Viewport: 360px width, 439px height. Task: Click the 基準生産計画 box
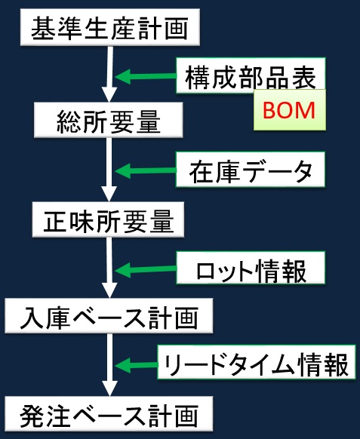coord(110,27)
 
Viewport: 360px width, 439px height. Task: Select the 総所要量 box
coord(109,120)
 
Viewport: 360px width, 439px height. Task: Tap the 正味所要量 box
coord(108,219)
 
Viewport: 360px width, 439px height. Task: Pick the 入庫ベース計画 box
coord(109,315)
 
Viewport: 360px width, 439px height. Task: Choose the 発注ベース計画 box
coord(109,414)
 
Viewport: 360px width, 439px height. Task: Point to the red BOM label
coord(289,110)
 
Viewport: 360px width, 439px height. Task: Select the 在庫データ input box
coord(251,170)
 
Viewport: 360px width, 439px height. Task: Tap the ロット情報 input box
coord(251,268)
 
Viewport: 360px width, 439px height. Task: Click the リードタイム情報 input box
coord(256,362)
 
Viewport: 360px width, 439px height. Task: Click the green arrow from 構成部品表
coord(146,76)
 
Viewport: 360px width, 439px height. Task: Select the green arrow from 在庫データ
coord(146,170)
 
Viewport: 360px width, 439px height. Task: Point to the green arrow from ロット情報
coord(146,269)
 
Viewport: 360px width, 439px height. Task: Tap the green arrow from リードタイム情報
coord(137,365)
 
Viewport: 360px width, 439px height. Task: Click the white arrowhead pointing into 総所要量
coord(109,94)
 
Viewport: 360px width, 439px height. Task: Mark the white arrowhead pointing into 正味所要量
coord(109,194)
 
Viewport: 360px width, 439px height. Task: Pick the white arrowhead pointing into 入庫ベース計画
coord(109,290)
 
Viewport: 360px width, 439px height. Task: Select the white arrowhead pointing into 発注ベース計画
coord(109,388)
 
